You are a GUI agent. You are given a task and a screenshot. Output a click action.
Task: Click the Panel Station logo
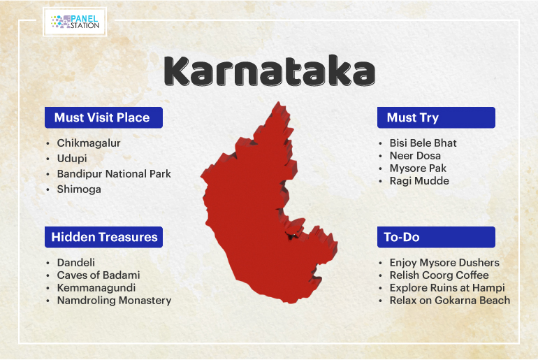[x=75, y=22]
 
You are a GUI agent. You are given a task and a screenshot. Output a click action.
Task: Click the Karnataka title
[x=270, y=71]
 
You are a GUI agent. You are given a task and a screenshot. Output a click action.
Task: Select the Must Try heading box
[x=436, y=117]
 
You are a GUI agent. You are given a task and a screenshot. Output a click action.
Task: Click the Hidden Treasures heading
[x=103, y=237]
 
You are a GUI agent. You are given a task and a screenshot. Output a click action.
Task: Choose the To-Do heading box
[x=436, y=237]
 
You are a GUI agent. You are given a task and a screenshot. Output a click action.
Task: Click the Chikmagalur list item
[x=89, y=143]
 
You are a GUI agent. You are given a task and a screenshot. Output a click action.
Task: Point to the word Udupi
[x=72, y=159]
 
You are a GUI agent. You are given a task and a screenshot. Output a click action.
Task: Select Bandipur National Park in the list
[x=114, y=173]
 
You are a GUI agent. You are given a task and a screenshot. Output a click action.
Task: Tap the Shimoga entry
[x=79, y=189]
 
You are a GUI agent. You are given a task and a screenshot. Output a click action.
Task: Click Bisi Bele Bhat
[x=423, y=143]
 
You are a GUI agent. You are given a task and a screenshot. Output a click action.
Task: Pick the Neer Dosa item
[x=415, y=155]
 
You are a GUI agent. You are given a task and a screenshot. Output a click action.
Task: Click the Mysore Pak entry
[x=418, y=168]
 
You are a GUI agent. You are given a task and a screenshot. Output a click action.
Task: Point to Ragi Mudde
[x=419, y=181]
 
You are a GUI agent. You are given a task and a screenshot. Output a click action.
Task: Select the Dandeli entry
[x=76, y=263]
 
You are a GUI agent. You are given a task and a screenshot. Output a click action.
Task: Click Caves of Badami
[x=99, y=275]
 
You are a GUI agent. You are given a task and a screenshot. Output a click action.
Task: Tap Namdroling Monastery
[x=115, y=301]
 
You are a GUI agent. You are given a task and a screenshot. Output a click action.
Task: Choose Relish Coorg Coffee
[x=439, y=275]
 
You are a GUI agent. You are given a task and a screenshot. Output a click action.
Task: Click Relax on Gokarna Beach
[x=450, y=301]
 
